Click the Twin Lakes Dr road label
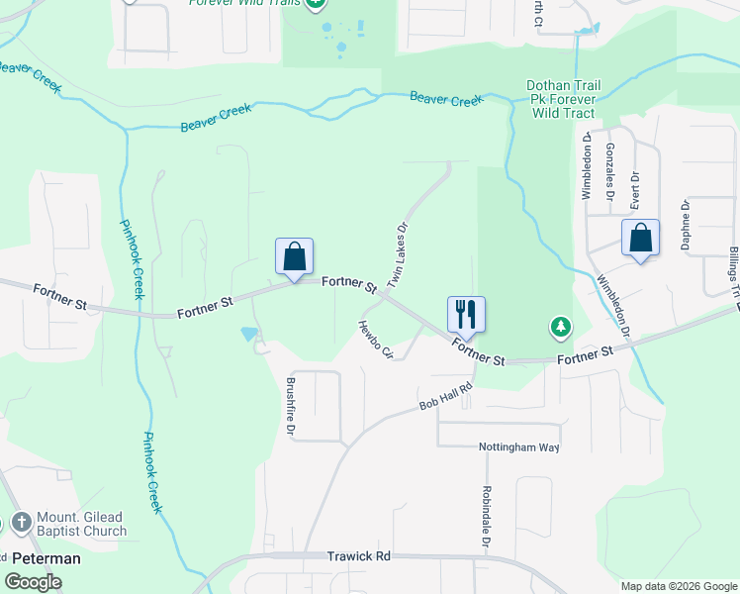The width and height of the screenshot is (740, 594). point(398,255)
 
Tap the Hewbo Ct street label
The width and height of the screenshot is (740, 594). point(376,340)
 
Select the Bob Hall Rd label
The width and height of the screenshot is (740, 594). point(446,398)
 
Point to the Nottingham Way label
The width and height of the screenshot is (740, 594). point(519,447)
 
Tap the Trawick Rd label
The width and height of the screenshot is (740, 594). point(359,556)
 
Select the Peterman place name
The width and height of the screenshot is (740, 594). point(46,558)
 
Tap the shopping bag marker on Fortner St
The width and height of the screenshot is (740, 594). point(295,256)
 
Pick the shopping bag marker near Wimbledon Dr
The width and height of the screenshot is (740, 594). point(641,238)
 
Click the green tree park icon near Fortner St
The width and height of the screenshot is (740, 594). point(560,326)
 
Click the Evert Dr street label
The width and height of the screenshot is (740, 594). point(635,188)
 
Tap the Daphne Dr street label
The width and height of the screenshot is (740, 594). point(685,224)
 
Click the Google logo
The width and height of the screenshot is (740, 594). point(34,581)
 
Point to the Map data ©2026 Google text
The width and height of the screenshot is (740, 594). point(679,586)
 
